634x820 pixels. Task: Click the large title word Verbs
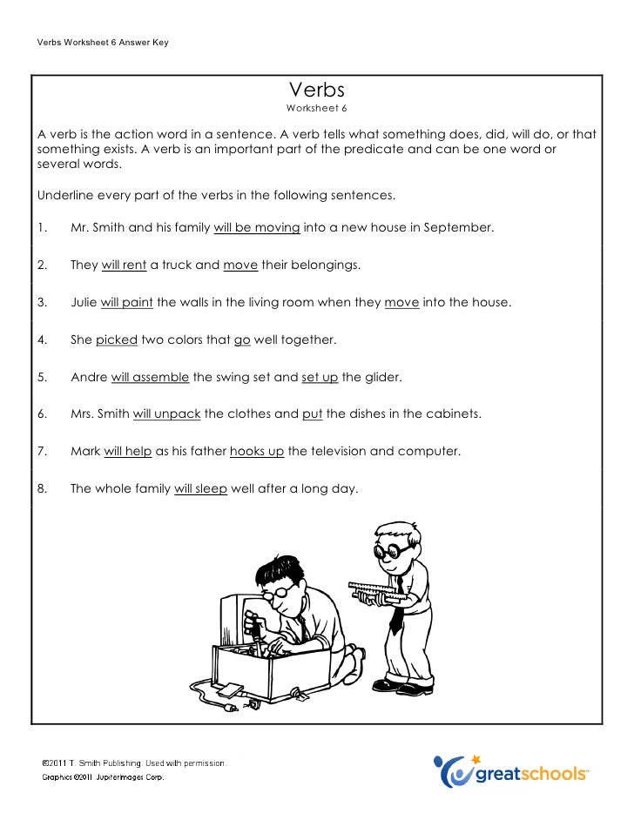[317, 90]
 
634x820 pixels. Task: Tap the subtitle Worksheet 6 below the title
[317, 109]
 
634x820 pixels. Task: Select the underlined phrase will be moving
[257, 228]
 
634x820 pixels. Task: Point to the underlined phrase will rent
[124, 265]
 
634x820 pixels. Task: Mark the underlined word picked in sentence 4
[117, 339]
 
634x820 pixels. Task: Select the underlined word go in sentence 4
[242, 339]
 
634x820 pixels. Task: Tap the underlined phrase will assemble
[150, 377]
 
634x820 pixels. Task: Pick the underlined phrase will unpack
[166, 414]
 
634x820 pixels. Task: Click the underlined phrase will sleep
[200, 489]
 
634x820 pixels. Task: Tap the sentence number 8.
[42, 489]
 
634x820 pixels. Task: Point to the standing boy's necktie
[396, 617]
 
